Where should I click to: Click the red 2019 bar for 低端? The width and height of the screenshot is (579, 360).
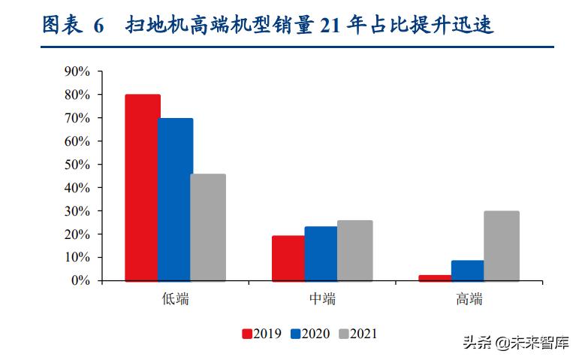point(143,187)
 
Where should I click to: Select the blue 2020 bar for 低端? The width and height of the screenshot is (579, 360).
point(175,199)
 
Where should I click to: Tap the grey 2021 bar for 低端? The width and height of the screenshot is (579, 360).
point(208,227)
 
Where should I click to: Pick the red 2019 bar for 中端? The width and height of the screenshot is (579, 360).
point(288,258)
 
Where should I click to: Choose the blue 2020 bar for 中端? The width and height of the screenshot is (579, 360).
point(321,253)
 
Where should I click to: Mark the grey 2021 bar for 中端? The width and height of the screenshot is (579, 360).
point(354,250)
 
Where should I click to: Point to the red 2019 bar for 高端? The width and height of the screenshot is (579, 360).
point(435,277)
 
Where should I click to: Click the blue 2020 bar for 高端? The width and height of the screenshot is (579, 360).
point(468,271)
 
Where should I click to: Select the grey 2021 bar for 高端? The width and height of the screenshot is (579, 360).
point(501,246)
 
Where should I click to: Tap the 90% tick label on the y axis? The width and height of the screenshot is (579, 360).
point(77,72)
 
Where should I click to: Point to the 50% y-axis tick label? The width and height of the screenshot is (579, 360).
point(77,165)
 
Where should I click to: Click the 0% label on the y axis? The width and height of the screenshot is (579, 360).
point(80,280)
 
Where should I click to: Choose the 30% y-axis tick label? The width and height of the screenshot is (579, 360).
point(77,211)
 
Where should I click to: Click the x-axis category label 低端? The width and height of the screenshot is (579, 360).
point(176,299)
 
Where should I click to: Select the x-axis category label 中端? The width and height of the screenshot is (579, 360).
point(322,299)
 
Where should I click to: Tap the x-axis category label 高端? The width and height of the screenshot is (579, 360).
point(469,299)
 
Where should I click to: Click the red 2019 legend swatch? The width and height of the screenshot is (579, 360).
point(246,334)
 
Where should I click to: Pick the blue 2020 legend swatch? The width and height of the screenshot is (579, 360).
point(296,334)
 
